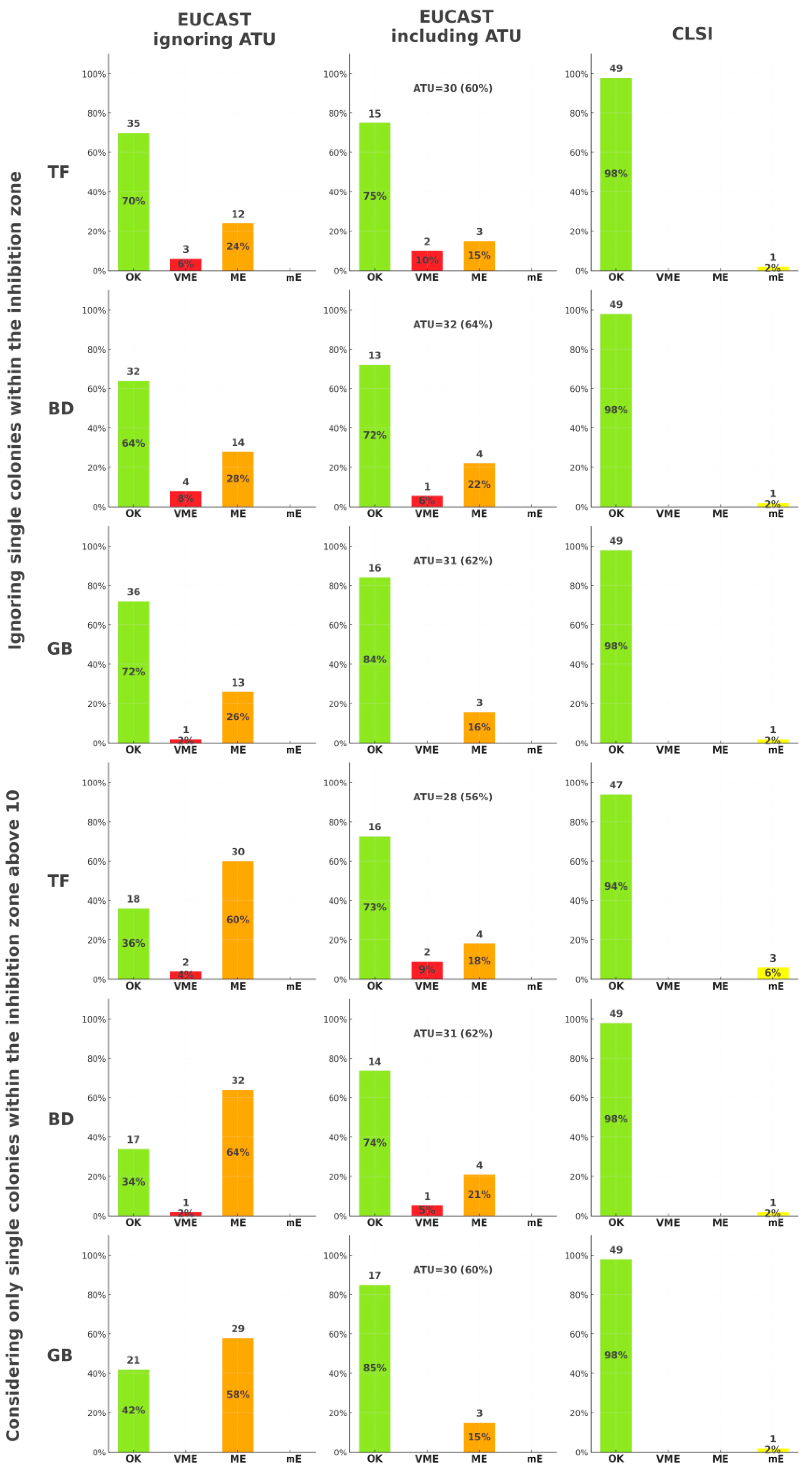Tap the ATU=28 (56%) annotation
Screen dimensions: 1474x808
click(453, 797)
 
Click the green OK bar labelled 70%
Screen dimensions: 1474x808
click(133, 201)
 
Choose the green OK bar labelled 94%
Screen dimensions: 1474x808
click(616, 886)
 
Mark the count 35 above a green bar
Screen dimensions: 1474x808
click(133, 124)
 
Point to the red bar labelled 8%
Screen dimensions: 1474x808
click(185, 498)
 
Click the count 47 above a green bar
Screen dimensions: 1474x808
click(616, 785)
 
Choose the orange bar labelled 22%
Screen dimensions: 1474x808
click(479, 485)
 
